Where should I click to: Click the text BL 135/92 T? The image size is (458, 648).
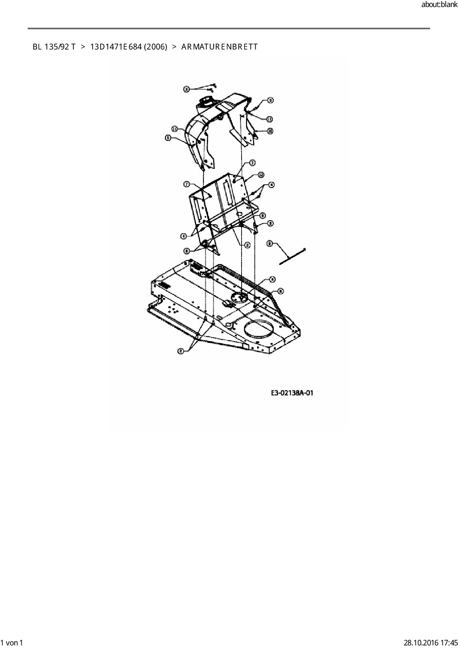click(54, 47)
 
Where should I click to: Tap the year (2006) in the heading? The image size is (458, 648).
click(155, 47)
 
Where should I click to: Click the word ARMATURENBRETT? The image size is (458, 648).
click(219, 47)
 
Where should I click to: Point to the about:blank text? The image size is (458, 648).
click(439, 5)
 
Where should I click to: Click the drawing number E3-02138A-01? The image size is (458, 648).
click(292, 393)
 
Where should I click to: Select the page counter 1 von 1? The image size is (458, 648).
click(12, 642)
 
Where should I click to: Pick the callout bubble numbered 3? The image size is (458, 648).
click(187, 89)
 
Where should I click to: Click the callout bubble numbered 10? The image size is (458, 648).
click(270, 131)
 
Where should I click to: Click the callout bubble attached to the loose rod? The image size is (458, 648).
click(270, 243)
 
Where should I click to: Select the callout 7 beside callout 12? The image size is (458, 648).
click(253, 163)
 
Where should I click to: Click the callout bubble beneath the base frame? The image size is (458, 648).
click(181, 351)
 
